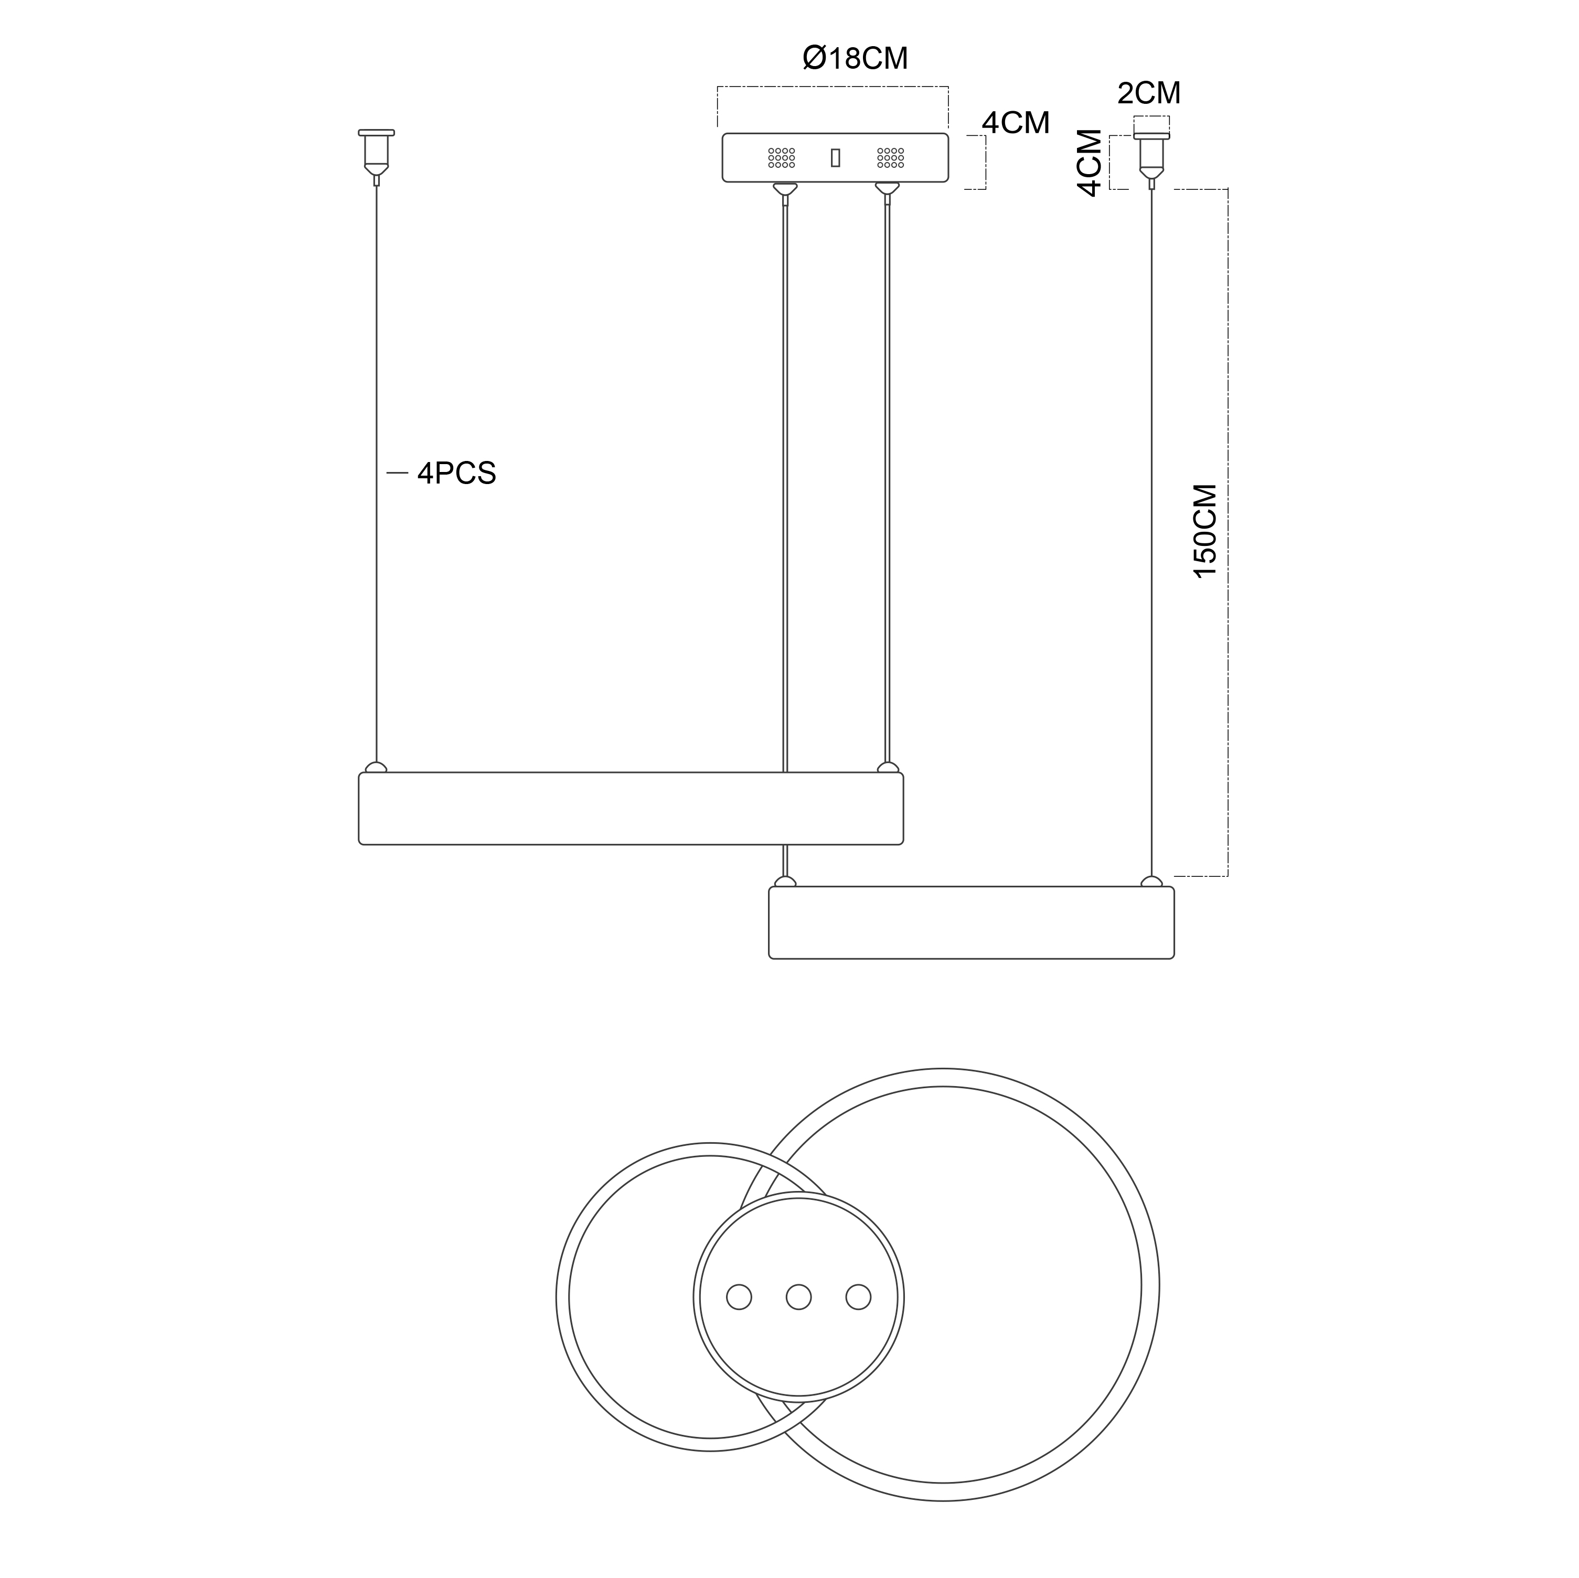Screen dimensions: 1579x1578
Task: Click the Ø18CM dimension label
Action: (x=855, y=58)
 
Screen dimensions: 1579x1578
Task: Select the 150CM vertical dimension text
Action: (x=1205, y=531)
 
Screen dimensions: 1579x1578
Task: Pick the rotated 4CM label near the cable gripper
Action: (x=1090, y=163)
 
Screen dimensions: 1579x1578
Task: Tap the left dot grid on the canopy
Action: (x=781, y=158)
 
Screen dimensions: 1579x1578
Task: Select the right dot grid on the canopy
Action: (x=890, y=158)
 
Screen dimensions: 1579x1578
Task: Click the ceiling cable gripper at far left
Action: (x=377, y=157)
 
